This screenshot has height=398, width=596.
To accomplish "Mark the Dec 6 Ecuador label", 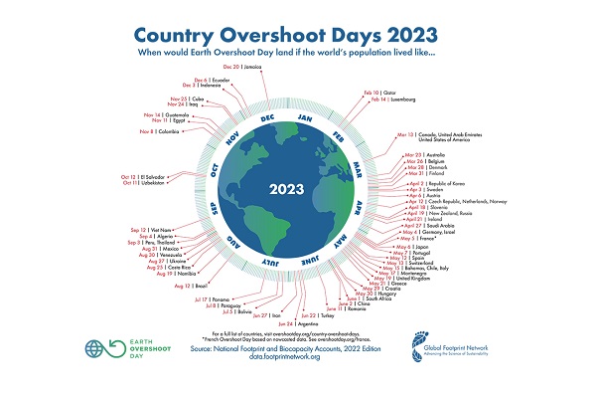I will click(213, 81).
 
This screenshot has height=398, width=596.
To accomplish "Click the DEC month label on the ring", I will click(267, 116).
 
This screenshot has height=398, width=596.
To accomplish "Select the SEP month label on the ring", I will click(213, 209).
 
